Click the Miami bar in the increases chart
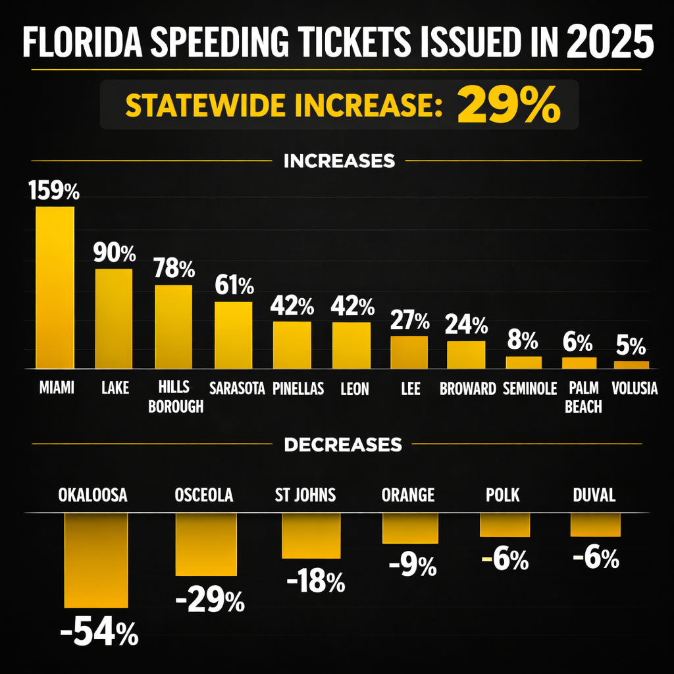(55, 288)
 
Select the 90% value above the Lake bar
(114, 253)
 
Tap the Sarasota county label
(236, 388)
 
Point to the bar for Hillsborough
(173, 326)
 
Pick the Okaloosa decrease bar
(95, 560)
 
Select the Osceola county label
(204, 495)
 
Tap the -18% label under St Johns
(316, 582)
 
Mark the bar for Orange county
(410, 528)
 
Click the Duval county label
(594, 495)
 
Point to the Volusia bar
(631, 364)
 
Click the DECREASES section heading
(342, 445)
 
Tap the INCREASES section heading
(339, 161)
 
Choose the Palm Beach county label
(583, 398)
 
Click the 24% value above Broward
(466, 324)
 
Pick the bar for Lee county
(409, 352)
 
